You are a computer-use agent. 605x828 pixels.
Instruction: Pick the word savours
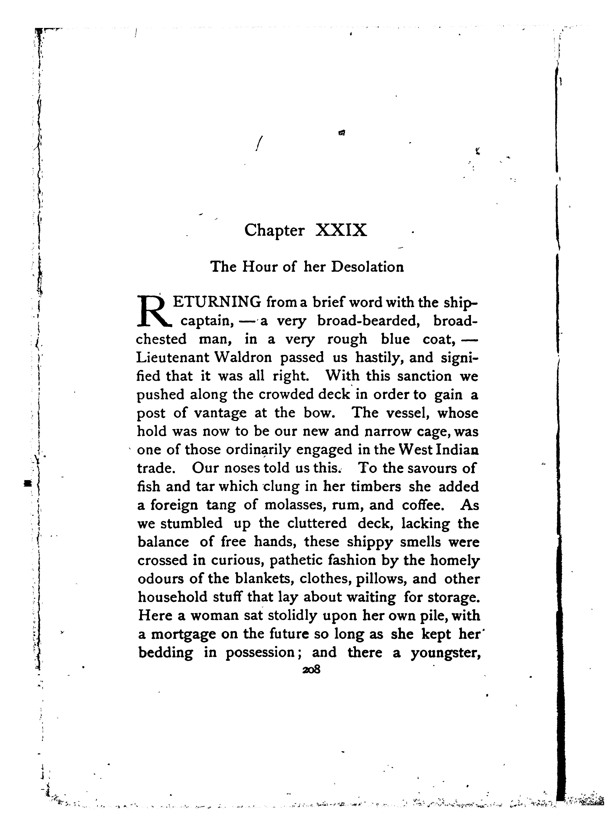[x=435, y=469]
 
